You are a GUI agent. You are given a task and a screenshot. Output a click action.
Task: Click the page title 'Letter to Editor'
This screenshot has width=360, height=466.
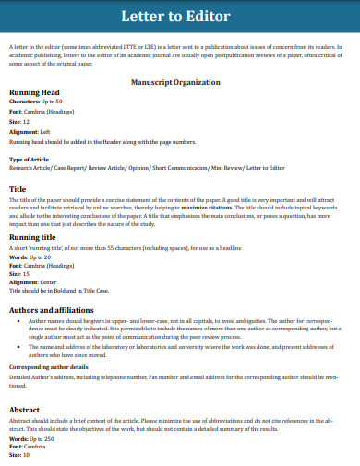coord(180,18)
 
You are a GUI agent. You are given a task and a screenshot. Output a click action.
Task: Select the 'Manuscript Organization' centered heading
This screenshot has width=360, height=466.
coord(180,81)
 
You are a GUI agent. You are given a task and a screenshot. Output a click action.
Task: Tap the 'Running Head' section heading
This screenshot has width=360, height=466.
coord(34,93)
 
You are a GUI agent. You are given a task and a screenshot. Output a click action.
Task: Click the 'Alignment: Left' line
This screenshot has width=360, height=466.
coord(30,131)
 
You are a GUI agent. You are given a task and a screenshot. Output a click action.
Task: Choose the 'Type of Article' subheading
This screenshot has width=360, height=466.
coord(30,160)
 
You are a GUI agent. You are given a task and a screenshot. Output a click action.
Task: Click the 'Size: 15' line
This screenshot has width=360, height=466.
coord(20,273)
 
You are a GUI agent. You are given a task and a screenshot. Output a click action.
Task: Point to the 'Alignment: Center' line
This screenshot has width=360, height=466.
coord(33,281)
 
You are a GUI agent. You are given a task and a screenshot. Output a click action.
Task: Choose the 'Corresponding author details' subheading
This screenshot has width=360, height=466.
coord(48,367)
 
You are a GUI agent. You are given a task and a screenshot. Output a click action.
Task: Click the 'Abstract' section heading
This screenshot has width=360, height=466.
coord(25,408)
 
